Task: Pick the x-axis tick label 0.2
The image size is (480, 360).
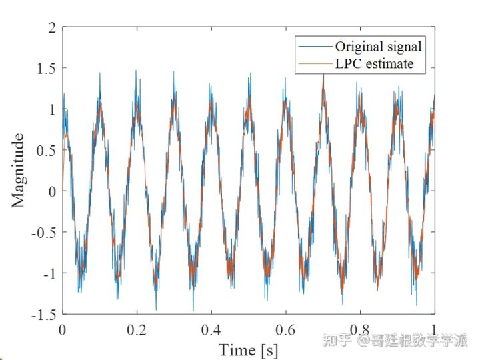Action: pos(136,330)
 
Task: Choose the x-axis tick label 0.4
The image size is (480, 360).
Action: pos(211,330)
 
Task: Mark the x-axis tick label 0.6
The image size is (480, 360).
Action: pos(285,330)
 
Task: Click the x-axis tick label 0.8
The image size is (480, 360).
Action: pos(360,330)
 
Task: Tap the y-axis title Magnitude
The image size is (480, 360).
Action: pos(19,170)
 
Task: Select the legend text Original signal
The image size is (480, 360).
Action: pos(378,47)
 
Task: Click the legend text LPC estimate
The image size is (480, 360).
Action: pos(374,64)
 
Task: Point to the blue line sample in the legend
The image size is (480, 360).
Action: pos(315,47)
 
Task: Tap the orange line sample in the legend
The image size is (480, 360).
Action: pos(315,64)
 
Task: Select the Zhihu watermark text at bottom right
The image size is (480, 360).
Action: pos(395,341)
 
